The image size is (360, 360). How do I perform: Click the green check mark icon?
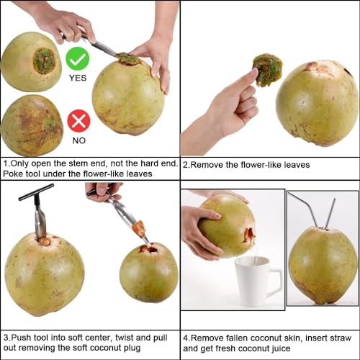[78, 58]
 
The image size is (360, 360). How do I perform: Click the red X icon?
[78, 120]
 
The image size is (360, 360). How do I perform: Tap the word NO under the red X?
[78, 140]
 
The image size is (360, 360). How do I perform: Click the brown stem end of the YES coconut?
[45, 60]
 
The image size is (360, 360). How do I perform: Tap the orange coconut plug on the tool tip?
[138, 229]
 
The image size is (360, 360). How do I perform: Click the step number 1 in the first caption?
[5, 163]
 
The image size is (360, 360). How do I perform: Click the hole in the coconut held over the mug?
[248, 234]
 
